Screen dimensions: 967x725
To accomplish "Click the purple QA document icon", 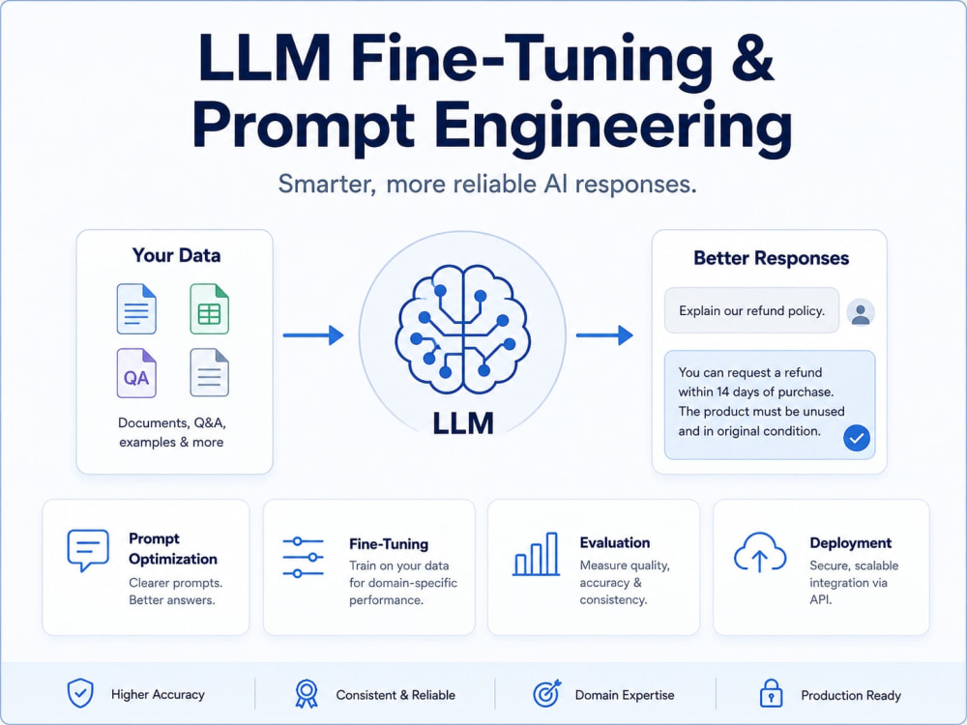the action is (136, 373).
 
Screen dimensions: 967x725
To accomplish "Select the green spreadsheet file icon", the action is (209, 309).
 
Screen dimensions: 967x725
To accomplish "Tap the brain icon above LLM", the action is (462, 330).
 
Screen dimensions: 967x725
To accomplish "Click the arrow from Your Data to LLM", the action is (313, 335).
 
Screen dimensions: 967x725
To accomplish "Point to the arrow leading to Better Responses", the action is (604, 335).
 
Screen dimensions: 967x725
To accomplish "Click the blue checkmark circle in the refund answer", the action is (857, 438).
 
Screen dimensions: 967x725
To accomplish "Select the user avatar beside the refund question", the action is (861, 312).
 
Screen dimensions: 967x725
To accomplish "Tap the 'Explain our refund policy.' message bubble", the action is (751, 310).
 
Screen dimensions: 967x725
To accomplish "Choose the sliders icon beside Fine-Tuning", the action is (303, 558).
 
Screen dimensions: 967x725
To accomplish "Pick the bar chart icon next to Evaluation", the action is (536, 554).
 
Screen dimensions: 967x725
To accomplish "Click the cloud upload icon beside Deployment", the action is (760, 552).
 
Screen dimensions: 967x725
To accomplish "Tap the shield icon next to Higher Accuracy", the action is (80, 693).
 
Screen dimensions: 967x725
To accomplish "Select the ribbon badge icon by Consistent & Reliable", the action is (307, 693).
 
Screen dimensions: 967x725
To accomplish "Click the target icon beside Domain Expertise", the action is (547, 693).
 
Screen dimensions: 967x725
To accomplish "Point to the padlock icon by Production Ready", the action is (771, 693).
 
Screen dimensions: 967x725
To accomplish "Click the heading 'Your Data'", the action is (176, 255).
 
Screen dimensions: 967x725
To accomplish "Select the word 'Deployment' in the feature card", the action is (850, 543).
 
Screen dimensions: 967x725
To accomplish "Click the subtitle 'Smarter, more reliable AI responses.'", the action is (487, 185).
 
